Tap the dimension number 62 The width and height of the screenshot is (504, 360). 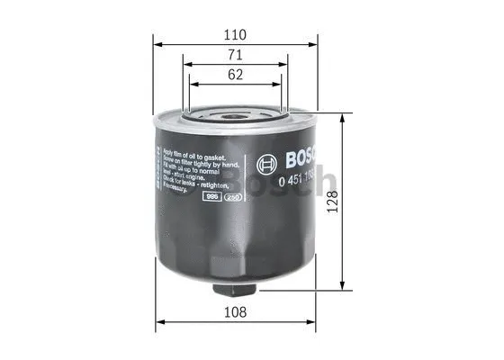pos(235,76)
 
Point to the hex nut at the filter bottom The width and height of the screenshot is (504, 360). pos(235,294)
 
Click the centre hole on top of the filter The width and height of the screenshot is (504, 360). pos(235,115)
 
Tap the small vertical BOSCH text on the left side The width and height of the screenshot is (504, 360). pos(162,166)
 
